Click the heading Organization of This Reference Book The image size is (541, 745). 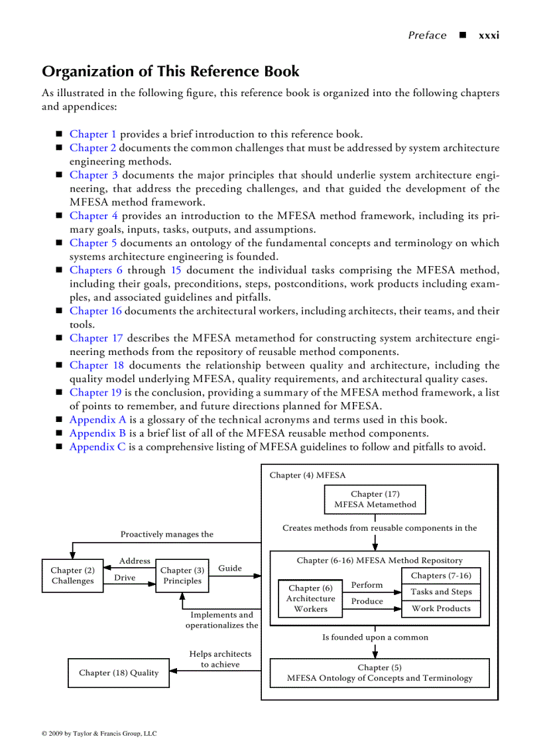pyautogui.click(x=170, y=72)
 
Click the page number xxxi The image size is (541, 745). pyautogui.click(x=489, y=35)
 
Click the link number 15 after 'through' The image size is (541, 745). pyautogui.click(x=176, y=270)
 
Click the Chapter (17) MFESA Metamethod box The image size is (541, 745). pyautogui.click(x=375, y=500)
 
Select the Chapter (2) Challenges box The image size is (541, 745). pyautogui.click(x=72, y=575)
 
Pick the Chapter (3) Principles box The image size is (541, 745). pyautogui.click(x=182, y=575)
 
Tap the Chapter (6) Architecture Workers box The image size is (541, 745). pyautogui.click(x=310, y=598)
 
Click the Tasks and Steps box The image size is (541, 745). pyautogui.click(x=441, y=592)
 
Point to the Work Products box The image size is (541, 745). pyautogui.click(x=441, y=608)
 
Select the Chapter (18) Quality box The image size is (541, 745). pyautogui.click(x=119, y=673)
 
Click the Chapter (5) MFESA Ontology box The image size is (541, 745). pyautogui.click(x=379, y=673)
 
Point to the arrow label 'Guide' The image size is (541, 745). pyautogui.click(x=230, y=568)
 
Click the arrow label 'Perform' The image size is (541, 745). pyautogui.click(x=367, y=585)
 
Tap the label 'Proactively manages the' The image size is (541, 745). pyautogui.click(x=167, y=534)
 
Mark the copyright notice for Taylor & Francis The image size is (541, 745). pyautogui.click(x=99, y=734)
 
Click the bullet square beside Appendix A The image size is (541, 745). pyautogui.click(x=58, y=420)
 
